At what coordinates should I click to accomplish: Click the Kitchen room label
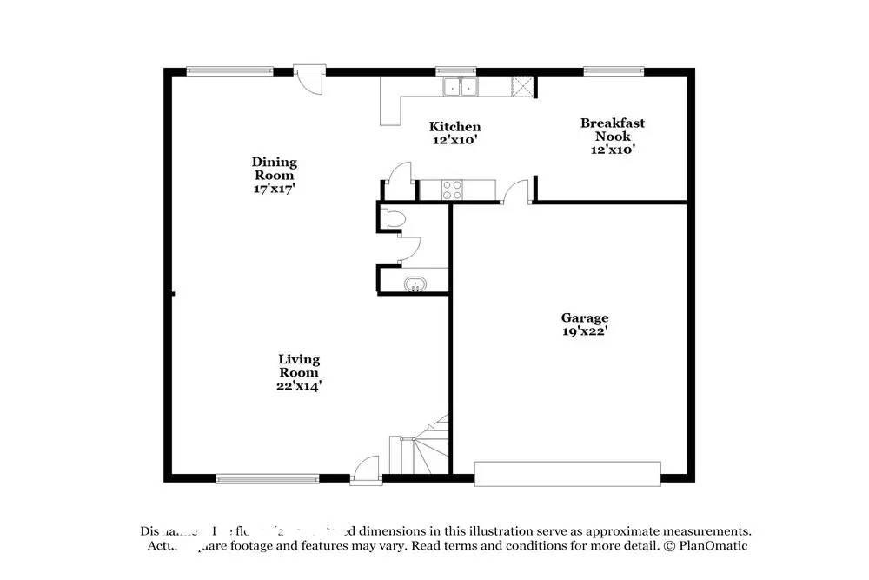(456, 127)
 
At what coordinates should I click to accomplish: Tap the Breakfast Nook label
(613, 130)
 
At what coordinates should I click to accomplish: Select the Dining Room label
(275, 168)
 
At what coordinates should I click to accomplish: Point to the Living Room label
(299, 365)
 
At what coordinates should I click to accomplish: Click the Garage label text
(584, 318)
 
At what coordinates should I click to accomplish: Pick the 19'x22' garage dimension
(584, 331)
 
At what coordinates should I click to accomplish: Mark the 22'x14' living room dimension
(299, 386)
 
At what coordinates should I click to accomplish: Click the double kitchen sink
(460, 87)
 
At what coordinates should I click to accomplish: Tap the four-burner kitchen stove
(452, 190)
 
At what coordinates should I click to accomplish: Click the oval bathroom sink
(416, 283)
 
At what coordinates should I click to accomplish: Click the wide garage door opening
(567, 474)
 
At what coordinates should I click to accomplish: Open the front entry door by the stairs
(366, 470)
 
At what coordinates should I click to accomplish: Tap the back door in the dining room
(308, 81)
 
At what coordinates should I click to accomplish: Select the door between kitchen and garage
(516, 194)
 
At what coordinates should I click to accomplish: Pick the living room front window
(268, 477)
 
